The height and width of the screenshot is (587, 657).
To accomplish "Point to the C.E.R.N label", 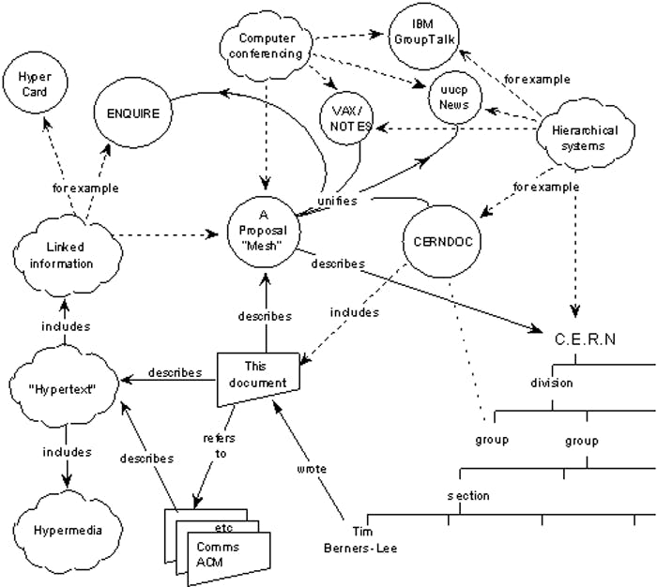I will [582, 339].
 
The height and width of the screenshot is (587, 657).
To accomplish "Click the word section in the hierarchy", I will [466, 495].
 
